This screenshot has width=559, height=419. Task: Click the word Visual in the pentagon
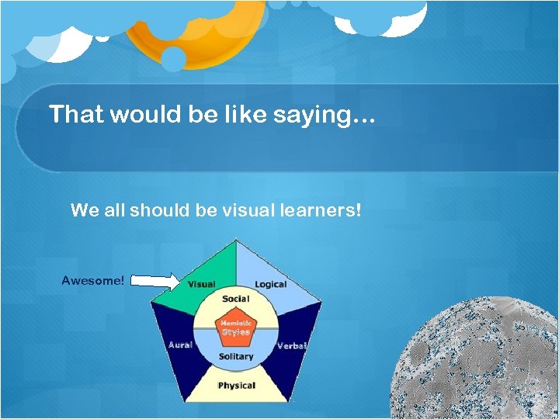(x=201, y=285)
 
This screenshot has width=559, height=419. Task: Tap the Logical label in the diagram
(x=270, y=285)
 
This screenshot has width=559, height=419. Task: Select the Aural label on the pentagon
(x=180, y=345)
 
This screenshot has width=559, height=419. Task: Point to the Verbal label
(x=292, y=346)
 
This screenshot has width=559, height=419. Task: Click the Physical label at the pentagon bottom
(x=236, y=386)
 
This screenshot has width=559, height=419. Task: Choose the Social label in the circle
(x=235, y=299)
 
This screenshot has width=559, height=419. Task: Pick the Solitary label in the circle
(x=235, y=357)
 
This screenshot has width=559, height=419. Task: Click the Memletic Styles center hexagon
(x=235, y=327)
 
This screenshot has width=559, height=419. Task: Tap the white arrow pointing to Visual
(x=156, y=280)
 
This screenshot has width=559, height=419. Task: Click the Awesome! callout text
(x=92, y=280)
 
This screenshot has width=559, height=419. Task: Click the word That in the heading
(x=76, y=115)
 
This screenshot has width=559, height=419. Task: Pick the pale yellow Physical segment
(x=236, y=392)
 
